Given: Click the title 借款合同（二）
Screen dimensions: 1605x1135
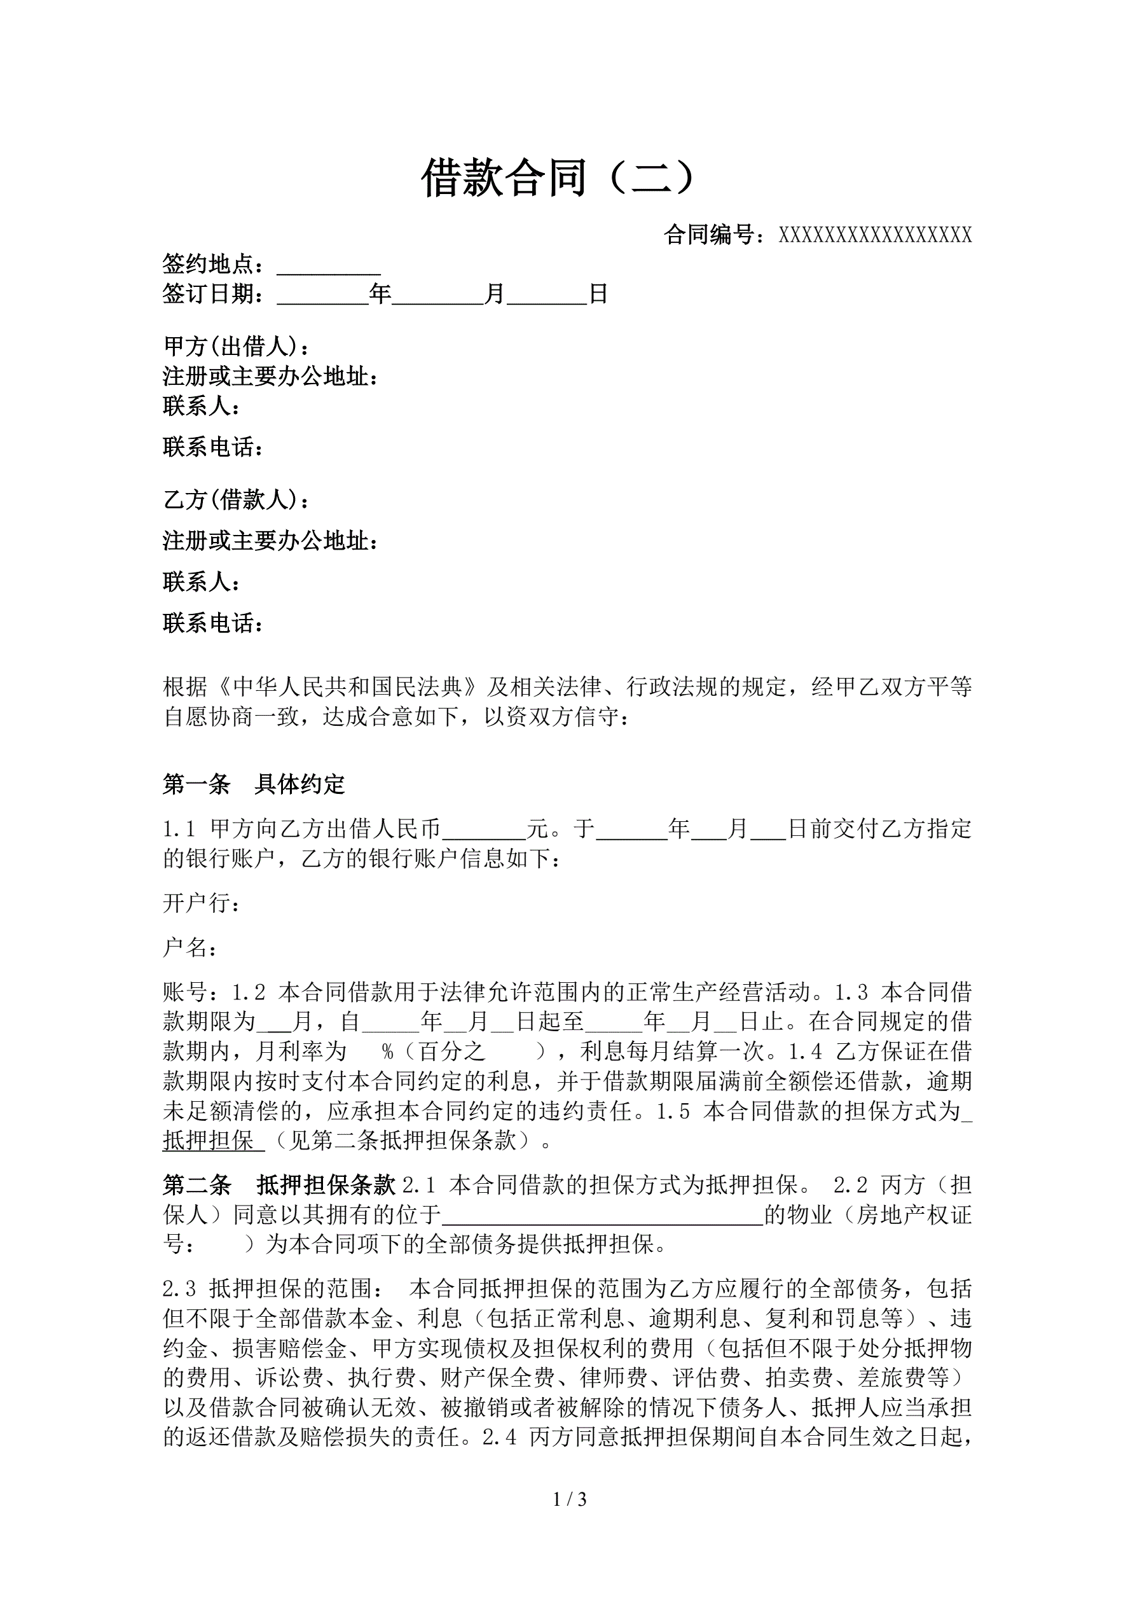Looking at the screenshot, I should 559,178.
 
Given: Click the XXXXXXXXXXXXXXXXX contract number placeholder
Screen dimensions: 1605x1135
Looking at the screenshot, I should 875,235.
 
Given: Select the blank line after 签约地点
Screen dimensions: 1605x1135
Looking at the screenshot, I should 329,267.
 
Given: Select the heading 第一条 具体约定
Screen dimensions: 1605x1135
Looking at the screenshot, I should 254,784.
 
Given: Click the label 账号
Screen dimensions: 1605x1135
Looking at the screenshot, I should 185,992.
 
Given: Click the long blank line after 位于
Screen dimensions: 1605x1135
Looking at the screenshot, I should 602,1217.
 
